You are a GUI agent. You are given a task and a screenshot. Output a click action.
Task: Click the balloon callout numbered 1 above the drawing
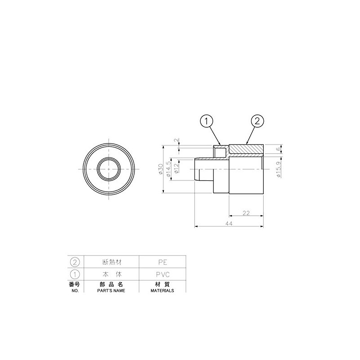[207, 121]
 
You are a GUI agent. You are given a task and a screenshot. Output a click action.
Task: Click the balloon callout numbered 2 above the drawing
[257, 121]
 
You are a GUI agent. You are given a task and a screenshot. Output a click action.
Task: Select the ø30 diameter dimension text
[161, 169]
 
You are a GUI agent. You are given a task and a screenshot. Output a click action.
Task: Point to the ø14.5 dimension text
[169, 169]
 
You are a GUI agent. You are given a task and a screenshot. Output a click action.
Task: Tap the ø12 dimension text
[176, 169]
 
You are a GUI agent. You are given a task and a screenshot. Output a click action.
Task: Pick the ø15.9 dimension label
[279, 170]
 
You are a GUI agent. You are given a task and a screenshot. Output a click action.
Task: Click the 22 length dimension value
[246, 213]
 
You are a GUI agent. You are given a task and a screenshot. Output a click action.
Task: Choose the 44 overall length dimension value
[229, 224]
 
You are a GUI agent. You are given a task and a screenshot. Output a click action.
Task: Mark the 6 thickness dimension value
[279, 149]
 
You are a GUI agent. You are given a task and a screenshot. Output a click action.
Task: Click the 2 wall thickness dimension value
[176, 140]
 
